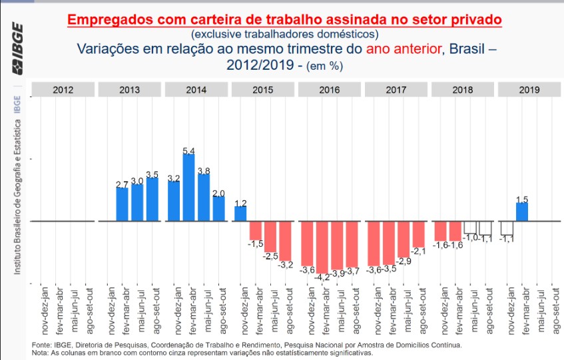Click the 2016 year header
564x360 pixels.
pos(330,90)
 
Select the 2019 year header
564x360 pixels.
pos(529,90)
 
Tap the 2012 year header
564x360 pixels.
pos(63,90)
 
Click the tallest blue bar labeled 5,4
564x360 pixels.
pos(188,187)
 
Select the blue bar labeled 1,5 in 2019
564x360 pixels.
pos(522,212)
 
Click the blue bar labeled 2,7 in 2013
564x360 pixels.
pos(122,204)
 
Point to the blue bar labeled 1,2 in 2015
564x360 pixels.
pos(240,214)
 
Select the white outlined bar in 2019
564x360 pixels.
pos(507,228)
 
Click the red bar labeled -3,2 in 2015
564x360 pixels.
pos(285,240)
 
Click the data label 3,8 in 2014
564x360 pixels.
pos(204,171)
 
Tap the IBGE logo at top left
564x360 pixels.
pos(17,49)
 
